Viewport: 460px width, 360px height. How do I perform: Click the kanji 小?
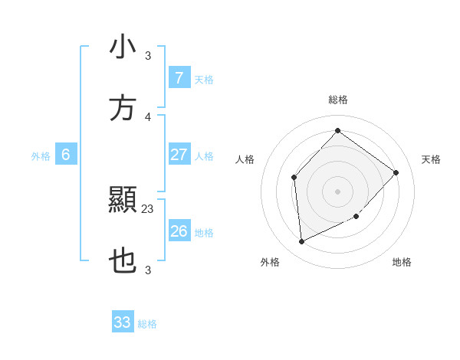[x=123, y=47]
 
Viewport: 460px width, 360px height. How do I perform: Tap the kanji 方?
[x=123, y=108]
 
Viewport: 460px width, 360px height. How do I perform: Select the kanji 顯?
[x=123, y=201]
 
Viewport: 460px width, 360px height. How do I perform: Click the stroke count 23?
[x=148, y=208]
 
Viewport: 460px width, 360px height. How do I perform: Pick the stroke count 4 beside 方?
[x=148, y=116]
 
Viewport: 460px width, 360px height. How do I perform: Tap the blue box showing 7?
[x=179, y=77]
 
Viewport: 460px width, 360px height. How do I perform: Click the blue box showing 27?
[x=179, y=155]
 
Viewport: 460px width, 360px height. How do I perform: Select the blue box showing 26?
[x=179, y=231]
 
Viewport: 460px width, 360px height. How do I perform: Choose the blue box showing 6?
[x=66, y=155]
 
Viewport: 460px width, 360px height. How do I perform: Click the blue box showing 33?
[x=123, y=322]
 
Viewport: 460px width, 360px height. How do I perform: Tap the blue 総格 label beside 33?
[x=147, y=324]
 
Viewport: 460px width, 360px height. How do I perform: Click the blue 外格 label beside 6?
[x=41, y=156]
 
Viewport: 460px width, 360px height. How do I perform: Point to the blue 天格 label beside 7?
[x=204, y=79]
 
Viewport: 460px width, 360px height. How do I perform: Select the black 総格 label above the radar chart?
[x=337, y=100]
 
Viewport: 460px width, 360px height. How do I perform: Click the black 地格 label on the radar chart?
[x=402, y=262]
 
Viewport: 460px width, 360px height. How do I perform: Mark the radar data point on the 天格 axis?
[x=396, y=172]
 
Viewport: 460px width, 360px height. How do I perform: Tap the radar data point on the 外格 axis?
[x=301, y=241]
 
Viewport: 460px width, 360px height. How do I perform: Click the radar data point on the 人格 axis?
[x=294, y=178]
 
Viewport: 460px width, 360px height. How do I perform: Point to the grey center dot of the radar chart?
[x=337, y=191]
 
